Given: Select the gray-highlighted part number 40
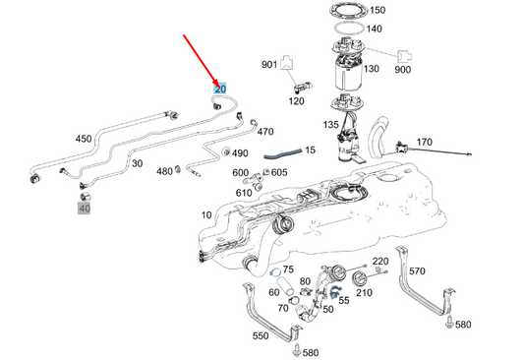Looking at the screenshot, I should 85,208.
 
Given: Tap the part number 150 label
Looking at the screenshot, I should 377,11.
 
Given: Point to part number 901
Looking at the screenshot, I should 268,65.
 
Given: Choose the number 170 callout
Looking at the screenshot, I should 424,143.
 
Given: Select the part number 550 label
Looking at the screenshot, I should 260,335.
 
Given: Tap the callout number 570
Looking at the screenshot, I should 417,270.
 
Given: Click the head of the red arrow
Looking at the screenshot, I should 217,83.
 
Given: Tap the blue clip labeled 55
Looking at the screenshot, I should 334,290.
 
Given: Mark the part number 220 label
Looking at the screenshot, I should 380,261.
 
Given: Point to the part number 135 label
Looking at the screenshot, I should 331,125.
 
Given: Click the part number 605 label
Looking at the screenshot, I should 279,172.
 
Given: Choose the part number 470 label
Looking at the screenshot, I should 265,131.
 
